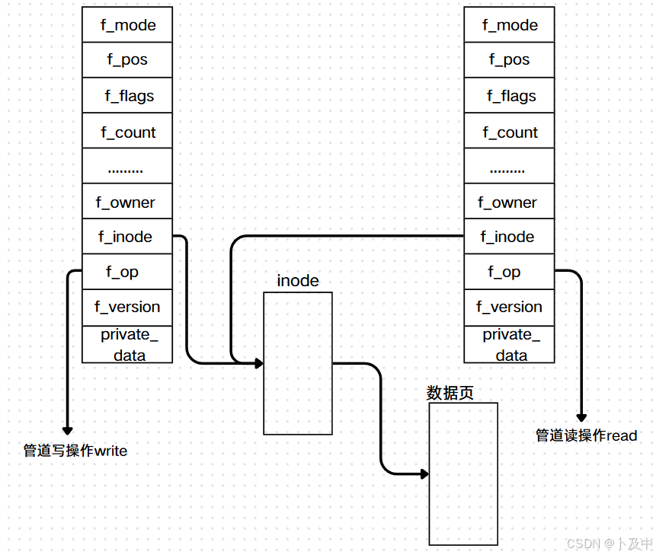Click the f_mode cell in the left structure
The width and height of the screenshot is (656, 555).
click(127, 25)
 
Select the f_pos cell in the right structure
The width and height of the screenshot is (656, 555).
click(509, 59)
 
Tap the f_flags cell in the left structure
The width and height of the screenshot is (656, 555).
click(127, 96)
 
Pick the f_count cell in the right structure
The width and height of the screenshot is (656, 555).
click(509, 132)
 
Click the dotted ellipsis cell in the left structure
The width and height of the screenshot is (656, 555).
click(127, 167)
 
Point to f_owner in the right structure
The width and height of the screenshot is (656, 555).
click(509, 203)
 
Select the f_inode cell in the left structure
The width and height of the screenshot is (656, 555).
click(127, 237)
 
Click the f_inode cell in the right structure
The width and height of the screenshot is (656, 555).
click(509, 237)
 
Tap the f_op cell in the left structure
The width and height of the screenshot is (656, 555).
click(127, 272)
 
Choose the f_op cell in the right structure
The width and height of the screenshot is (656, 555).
click(509, 272)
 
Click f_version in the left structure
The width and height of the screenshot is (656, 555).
click(127, 307)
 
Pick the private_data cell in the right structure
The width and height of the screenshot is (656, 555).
click(509, 344)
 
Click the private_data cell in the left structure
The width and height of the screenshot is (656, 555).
click(127, 344)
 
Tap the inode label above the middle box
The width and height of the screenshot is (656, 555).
click(298, 281)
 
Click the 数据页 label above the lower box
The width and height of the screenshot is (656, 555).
click(450, 393)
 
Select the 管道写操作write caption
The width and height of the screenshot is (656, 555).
click(75, 451)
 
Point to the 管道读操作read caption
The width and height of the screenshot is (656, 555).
click(586, 435)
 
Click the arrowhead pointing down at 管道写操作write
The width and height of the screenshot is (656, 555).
click(67, 430)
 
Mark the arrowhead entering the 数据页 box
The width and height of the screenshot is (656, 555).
click(424, 474)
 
